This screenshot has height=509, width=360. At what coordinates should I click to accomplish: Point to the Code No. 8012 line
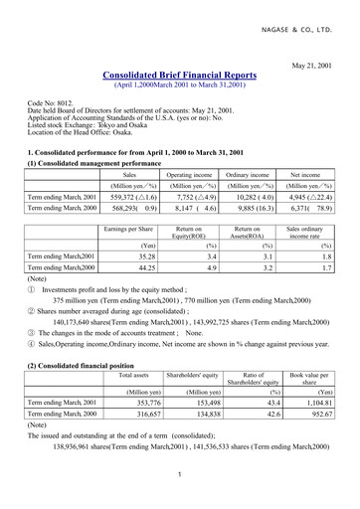point(49,101)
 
